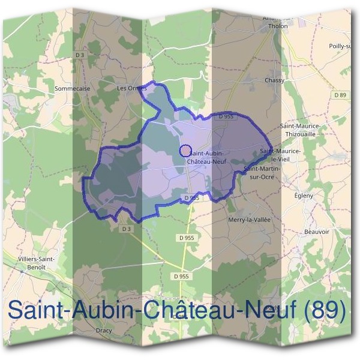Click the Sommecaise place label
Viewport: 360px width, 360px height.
(x=72, y=88)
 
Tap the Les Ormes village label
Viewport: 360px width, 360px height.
(x=131, y=88)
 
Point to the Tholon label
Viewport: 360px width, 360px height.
(x=275, y=26)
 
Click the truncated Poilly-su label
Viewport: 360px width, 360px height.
(x=340, y=46)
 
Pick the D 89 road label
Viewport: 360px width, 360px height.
(x=340, y=95)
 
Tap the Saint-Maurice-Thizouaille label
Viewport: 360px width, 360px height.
(x=302, y=130)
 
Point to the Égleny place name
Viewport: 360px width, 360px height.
(x=304, y=196)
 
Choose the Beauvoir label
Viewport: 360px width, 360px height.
(x=317, y=232)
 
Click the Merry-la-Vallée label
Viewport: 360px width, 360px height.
(x=250, y=220)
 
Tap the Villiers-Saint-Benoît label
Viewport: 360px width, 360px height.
(x=37, y=262)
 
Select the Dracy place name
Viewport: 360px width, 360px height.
(x=104, y=331)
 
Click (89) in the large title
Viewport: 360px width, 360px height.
(x=325, y=310)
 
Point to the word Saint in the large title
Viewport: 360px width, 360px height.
(x=35, y=310)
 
